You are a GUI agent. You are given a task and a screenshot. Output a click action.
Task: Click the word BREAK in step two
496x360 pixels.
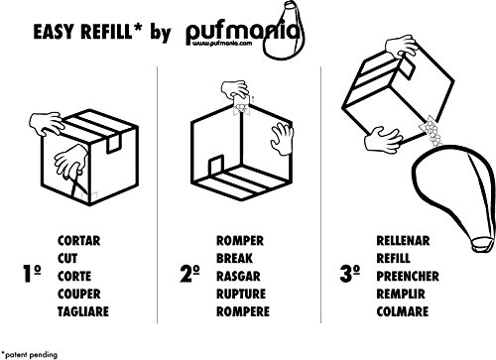232,254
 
